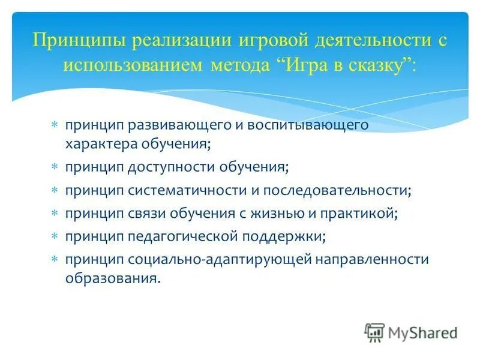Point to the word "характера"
101,144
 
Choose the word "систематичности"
184,191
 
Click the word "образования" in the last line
112,278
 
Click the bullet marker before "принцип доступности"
55,167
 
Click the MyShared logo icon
374,332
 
